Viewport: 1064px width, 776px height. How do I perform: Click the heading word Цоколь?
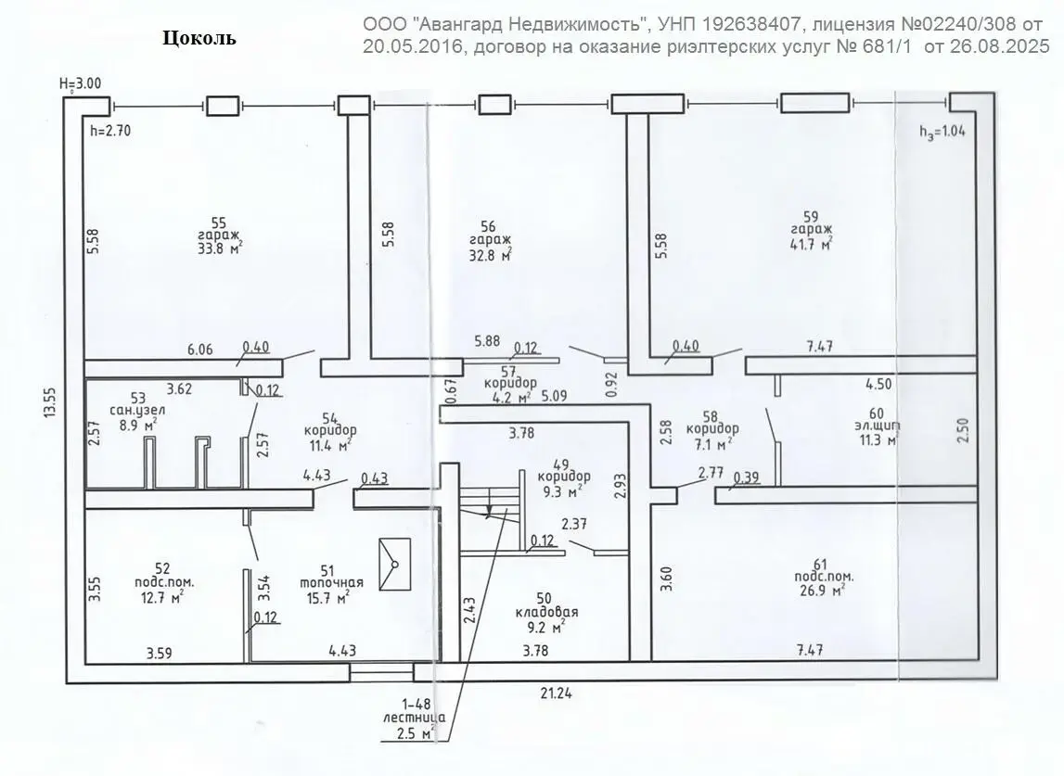[199, 38]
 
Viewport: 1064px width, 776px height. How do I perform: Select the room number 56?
[489, 225]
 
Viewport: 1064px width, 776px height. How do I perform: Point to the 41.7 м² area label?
[811, 244]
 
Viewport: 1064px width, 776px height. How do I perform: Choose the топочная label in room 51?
[331, 583]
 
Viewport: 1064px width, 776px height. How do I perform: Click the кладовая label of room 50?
[546, 613]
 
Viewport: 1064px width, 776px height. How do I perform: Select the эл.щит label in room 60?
[872, 426]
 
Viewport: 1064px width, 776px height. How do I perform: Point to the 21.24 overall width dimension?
[558, 692]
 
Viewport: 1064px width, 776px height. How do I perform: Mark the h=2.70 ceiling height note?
[110, 131]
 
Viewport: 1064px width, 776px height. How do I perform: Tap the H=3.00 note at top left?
[80, 83]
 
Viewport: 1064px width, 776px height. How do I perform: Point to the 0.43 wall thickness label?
[374, 478]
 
